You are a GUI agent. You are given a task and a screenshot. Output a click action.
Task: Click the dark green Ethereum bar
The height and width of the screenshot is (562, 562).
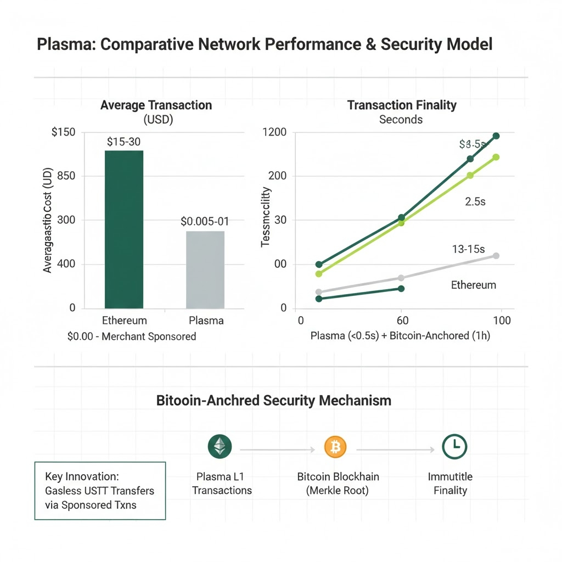(x=123, y=229)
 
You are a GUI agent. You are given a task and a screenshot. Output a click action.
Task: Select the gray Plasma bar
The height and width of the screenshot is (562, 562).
(x=205, y=269)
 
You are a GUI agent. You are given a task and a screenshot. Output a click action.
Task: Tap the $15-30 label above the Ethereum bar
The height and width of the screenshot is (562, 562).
(x=124, y=142)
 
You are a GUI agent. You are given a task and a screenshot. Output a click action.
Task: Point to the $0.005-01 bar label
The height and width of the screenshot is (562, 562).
(x=205, y=222)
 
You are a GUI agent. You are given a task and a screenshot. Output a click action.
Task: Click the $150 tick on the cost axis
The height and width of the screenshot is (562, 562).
(x=64, y=132)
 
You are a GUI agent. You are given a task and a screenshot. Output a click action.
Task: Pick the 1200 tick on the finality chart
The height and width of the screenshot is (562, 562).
(x=275, y=132)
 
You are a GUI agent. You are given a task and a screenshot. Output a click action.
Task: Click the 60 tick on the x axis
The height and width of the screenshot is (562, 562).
(x=401, y=321)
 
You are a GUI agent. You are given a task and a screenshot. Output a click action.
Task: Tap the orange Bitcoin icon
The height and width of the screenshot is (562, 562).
(x=335, y=447)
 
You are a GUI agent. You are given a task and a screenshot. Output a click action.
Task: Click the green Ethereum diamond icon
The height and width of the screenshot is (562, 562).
(x=220, y=447)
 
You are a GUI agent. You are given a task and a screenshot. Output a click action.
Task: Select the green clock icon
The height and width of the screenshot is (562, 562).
(x=454, y=447)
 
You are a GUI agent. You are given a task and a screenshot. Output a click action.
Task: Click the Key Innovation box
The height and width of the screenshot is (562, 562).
(x=100, y=491)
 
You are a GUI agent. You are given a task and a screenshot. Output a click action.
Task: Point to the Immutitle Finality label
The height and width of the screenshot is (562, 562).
(x=450, y=483)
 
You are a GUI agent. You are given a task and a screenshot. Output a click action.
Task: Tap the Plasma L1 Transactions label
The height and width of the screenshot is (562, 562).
(x=222, y=483)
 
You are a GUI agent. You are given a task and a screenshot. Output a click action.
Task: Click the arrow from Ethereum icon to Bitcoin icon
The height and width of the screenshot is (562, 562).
(x=277, y=450)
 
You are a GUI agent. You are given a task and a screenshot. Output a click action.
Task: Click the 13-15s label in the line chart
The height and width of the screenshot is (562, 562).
(x=468, y=249)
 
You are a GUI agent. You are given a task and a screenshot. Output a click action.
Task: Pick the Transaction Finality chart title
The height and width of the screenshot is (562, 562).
(x=402, y=105)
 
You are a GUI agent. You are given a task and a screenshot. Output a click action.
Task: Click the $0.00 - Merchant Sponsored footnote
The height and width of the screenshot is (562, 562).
(x=131, y=336)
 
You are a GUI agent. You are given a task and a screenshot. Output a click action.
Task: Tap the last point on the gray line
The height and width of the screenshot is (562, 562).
(x=496, y=256)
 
